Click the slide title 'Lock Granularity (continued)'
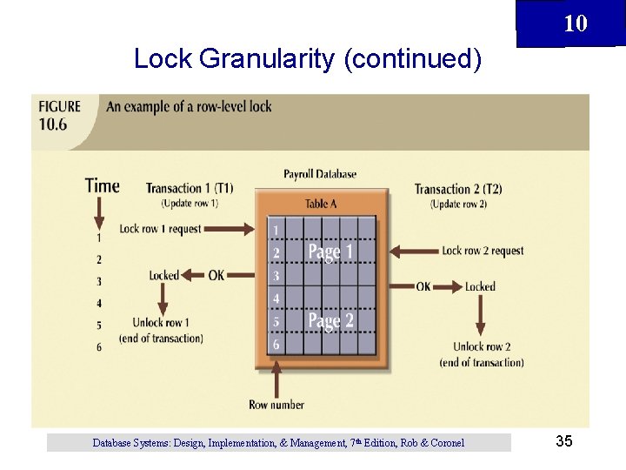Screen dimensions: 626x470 [x=307, y=59]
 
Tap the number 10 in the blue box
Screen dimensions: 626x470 [x=575, y=23]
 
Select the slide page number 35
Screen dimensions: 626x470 [x=563, y=442]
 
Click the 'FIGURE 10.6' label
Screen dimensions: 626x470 [x=59, y=114]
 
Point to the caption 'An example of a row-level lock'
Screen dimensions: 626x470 [x=189, y=107]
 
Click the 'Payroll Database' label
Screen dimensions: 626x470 [x=320, y=174]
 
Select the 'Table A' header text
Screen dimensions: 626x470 [x=321, y=204]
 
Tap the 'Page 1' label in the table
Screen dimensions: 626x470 [x=330, y=252]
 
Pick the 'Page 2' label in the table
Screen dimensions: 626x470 [x=330, y=321]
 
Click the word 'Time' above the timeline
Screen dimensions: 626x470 [x=102, y=185]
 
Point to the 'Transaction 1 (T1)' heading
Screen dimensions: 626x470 [x=190, y=189]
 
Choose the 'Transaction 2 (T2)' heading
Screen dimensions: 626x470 [x=458, y=189]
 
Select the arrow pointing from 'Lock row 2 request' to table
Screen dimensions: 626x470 [x=413, y=252]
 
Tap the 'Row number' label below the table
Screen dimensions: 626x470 [x=276, y=405]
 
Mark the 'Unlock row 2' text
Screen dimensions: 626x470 [x=482, y=346]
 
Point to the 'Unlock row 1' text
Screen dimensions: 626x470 [x=161, y=323]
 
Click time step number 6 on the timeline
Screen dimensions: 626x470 [x=99, y=346]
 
